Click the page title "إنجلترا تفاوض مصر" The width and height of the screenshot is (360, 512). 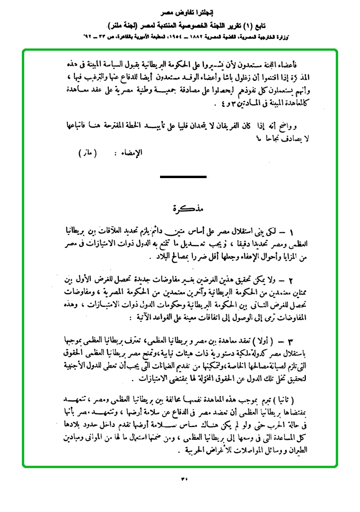(x=180, y=11)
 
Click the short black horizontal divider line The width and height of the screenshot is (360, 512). (x=183, y=177)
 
